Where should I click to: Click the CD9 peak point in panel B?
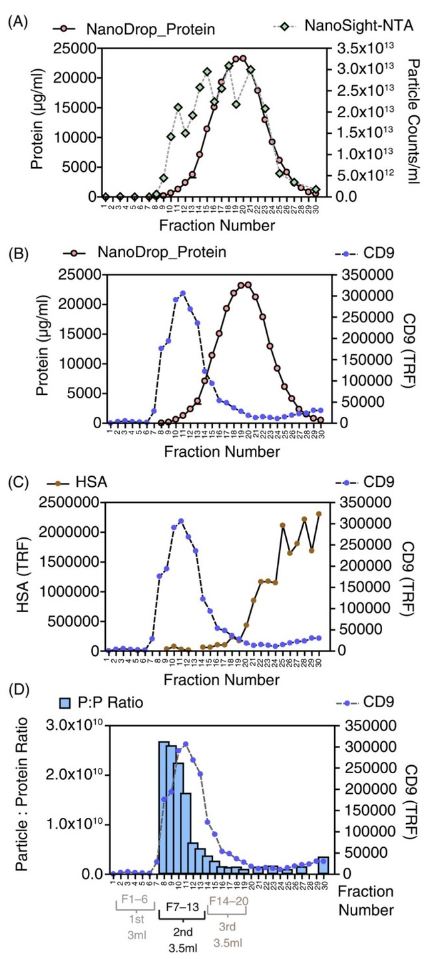pyautogui.click(x=182, y=293)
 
